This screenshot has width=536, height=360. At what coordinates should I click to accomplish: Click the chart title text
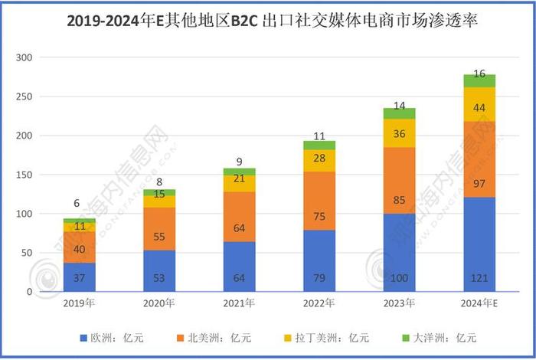click(x=268, y=21)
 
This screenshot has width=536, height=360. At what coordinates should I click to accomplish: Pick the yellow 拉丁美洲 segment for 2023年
click(x=400, y=133)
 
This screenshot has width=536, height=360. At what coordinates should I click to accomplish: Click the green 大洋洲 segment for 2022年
click(x=319, y=145)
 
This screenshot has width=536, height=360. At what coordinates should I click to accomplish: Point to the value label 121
click(x=479, y=276)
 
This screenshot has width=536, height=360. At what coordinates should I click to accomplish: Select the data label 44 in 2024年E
click(x=479, y=108)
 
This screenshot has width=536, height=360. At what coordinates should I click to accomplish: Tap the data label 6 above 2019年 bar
click(x=76, y=204)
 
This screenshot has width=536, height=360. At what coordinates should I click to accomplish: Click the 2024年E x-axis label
click(x=480, y=303)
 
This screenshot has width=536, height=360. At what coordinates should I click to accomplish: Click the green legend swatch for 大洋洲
click(x=407, y=337)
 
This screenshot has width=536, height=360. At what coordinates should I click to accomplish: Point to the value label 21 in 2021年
click(x=239, y=178)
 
